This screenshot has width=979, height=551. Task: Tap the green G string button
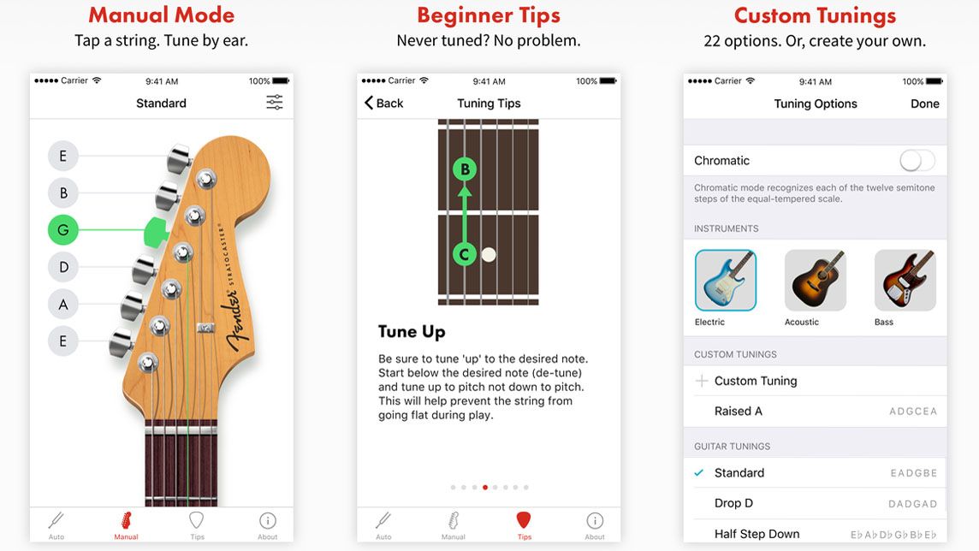pyautogui.click(x=63, y=230)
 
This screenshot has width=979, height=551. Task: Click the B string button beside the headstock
pyautogui.click(x=63, y=193)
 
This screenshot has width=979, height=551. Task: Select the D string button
pyautogui.click(x=63, y=267)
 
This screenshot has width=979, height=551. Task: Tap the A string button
pyautogui.click(x=63, y=304)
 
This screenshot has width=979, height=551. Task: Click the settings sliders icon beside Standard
pyautogui.click(x=274, y=103)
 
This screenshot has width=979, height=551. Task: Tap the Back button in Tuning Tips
pyautogui.click(x=383, y=103)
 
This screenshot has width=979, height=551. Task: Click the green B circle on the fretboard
pyautogui.click(x=465, y=169)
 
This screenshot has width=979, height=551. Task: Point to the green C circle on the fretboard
pyautogui.click(x=465, y=254)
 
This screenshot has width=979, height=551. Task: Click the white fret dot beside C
pyautogui.click(x=489, y=254)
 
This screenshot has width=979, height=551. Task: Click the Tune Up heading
pyautogui.click(x=412, y=331)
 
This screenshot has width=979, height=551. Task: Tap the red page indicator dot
pyautogui.click(x=485, y=488)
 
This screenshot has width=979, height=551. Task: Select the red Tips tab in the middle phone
pyautogui.click(x=524, y=524)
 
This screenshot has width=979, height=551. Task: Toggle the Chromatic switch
pyautogui.click(x=917, y=160)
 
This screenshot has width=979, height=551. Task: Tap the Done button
pyautogui.click(x=924, y=104)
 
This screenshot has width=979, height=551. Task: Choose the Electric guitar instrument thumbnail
pyautogui.click(x=726, y=280)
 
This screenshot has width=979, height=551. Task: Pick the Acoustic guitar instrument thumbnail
pyautogui.click(x=815, y=280)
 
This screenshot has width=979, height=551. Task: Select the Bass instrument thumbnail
pyautogui.click(x=905, y=280)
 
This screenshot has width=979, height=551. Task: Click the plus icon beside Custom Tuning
pyautogui.click(x=702, y=381)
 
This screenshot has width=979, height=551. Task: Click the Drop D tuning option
pyautogui.click(x=733, y=503)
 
